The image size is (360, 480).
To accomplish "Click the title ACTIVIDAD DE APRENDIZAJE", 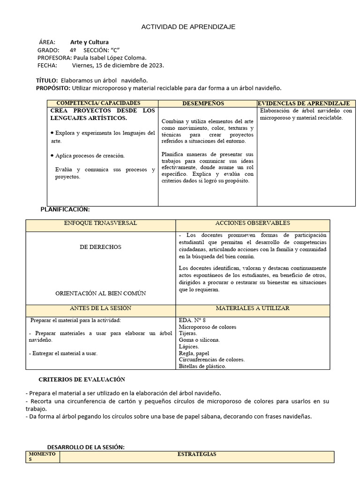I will coord(188,27).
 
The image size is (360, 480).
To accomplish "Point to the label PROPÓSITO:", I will coord(53,88).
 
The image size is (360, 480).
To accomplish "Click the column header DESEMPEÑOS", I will coord(202,103).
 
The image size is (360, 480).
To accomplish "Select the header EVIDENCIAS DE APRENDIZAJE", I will coord(304,103).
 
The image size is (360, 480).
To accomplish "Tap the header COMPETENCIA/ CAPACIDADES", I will coord(98,103).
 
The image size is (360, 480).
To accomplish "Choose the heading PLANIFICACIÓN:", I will coord(65,209).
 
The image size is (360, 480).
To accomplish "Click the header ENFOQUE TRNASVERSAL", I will coord(100,223).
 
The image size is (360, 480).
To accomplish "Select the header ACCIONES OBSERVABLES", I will coord(252,223).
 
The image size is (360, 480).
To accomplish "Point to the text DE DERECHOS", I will coord(100,247).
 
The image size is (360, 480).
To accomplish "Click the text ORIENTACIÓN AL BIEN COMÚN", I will coord(100,293).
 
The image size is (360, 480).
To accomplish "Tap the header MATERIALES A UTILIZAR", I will coord(252,308).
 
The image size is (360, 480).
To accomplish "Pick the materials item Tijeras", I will coord(188,333).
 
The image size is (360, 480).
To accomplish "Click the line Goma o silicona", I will coord(199,340).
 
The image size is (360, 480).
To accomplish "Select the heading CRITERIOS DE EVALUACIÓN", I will coord(82,379).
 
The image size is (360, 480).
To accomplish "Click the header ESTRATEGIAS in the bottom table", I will coord(197,454).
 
